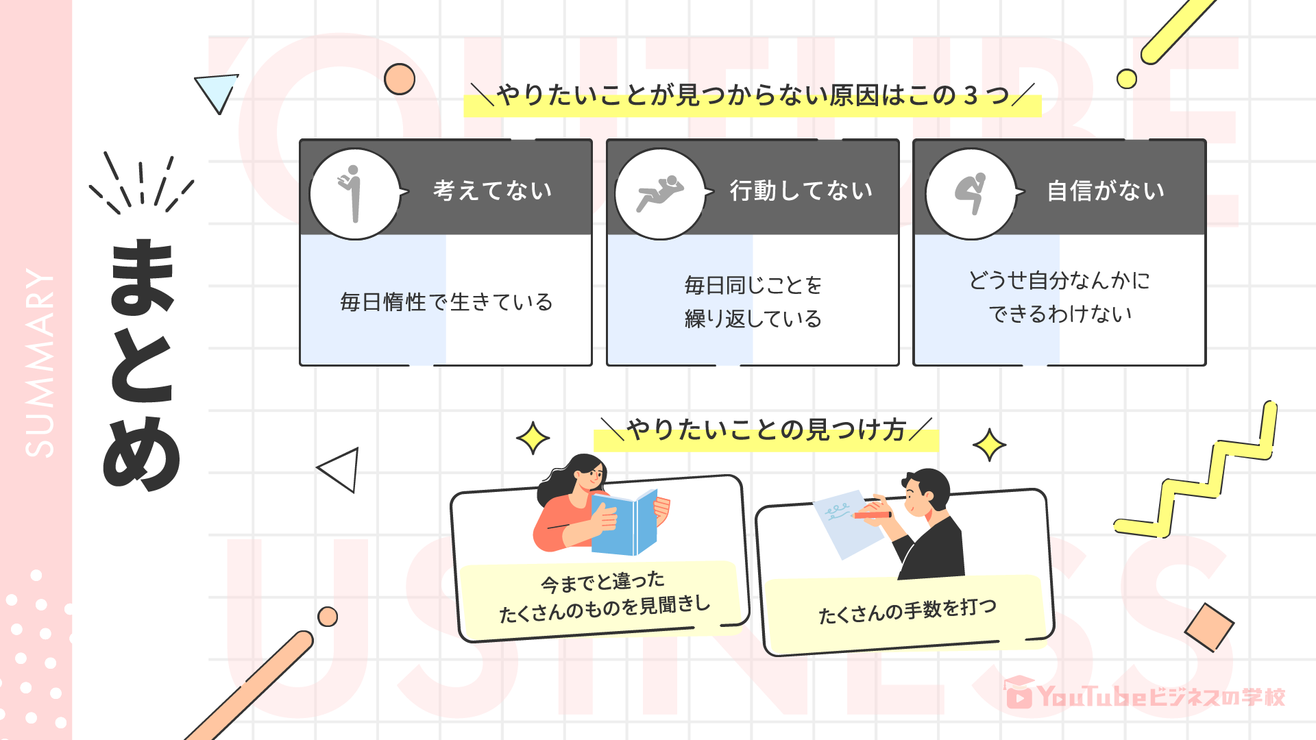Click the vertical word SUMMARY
coord(39,363)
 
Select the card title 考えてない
coord(492,190)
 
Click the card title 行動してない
coord(801,190)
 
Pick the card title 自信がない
coord(1106,190)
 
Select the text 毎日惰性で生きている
coord(446,302)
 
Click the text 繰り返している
coord(753,319)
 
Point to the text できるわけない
coord(1060,314)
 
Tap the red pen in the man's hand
coord(872,514)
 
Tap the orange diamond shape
coord(1208,627)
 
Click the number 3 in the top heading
coord(970,96)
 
